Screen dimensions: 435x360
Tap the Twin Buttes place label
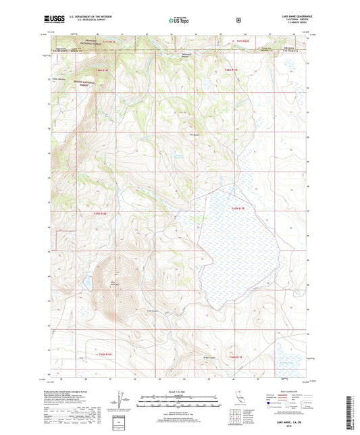coord(195,133)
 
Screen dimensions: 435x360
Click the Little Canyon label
coord(153,311)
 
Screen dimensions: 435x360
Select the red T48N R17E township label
coord(232,70)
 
